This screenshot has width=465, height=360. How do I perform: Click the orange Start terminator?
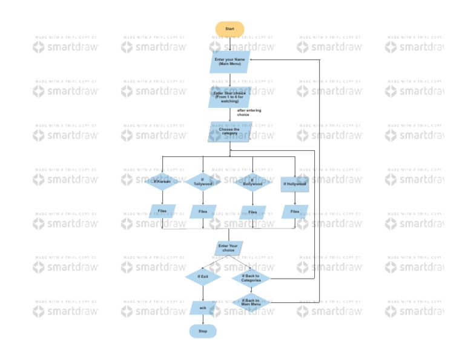229,29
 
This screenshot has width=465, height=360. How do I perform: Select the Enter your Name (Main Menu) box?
229,62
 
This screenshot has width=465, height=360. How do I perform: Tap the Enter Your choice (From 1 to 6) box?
229,97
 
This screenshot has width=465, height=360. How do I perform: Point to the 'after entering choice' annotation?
249,113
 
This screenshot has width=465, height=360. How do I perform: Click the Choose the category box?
229,132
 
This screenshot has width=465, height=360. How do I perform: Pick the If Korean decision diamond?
162,182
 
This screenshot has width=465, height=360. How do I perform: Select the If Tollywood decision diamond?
203,182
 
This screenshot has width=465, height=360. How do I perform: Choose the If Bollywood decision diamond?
252,182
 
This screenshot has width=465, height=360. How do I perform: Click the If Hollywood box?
295,183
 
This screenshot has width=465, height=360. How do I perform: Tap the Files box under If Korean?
162,212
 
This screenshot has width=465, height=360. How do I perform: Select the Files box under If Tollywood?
203,212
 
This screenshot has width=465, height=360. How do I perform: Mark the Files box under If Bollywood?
252,212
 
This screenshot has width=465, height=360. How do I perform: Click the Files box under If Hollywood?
295,212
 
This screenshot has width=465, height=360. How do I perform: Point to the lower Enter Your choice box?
228,248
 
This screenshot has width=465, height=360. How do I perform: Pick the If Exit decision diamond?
203,276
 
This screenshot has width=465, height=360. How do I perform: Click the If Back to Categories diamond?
251,278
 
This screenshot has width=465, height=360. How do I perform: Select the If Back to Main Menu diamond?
251,301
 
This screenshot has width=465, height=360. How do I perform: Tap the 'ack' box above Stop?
203,308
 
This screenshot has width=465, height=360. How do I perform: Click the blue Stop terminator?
203,332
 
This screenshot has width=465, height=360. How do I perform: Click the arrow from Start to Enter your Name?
229,44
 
